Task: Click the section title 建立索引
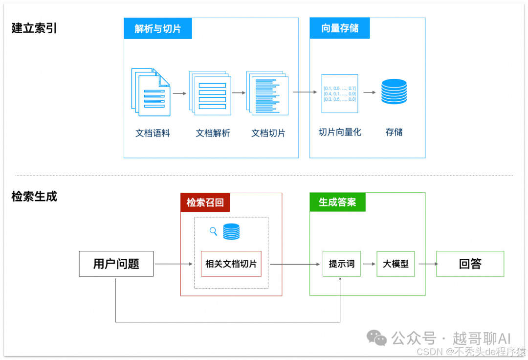[34, 28]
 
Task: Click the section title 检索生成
[34, 197]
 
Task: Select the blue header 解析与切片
[158, 29]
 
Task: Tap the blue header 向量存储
[340, 28]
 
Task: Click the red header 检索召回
[205, 202]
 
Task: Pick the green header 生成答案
[337, 202]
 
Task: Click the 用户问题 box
[116, 264]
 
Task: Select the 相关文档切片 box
[231, 264]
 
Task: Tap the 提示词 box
[341, 264]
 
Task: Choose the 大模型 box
[396, 264]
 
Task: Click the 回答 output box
[470, 264]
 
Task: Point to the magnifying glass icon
[213, 231]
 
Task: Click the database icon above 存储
[394, 91]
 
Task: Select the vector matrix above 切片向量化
[340, 93]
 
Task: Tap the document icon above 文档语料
[151, 92]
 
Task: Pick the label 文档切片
[268, 133]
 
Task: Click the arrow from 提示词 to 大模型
[369, 264]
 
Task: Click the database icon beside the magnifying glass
[231, 231]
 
